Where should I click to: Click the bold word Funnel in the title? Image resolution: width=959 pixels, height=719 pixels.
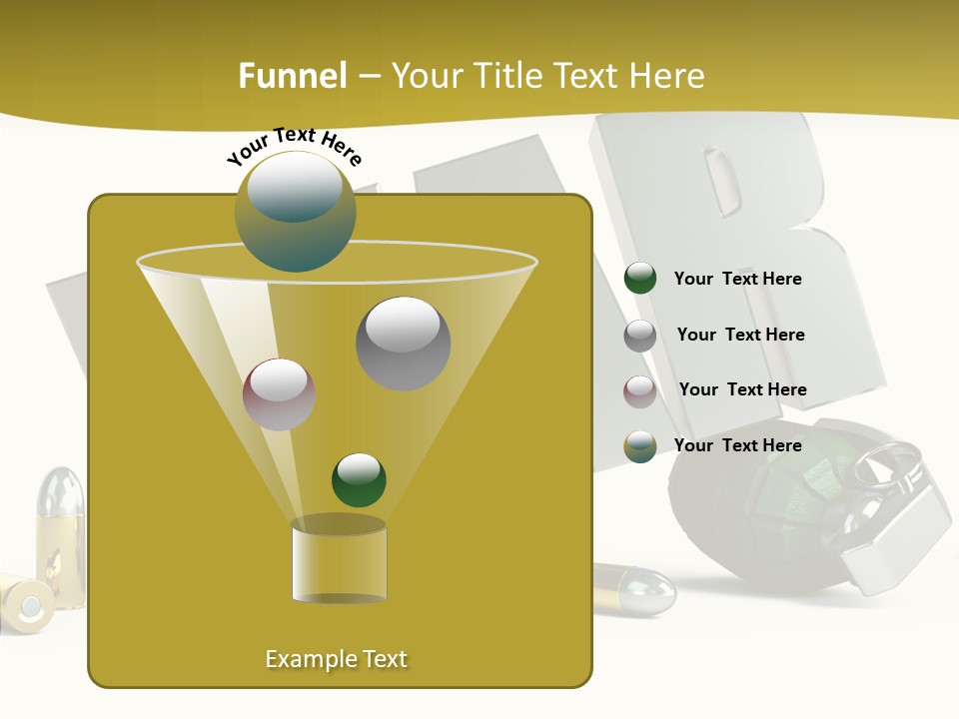293,75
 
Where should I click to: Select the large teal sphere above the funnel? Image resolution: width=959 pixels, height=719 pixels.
296,211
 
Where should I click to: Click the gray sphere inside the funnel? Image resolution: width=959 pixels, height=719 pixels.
403,343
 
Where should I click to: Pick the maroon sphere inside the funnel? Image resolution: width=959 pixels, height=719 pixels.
279,394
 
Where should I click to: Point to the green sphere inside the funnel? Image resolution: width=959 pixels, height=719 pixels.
359,479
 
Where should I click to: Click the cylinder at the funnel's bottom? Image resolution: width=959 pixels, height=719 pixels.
339,561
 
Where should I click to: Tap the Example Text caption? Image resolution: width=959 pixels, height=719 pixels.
337,659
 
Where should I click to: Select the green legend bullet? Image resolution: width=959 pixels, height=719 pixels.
640,278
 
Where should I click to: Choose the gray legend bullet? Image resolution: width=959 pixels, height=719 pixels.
640,336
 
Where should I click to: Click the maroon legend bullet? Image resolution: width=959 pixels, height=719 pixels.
640,391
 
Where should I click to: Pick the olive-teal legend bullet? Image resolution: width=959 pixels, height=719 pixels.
640,446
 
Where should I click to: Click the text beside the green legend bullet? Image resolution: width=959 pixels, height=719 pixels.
737,279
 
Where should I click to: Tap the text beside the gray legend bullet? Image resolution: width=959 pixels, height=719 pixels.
740,335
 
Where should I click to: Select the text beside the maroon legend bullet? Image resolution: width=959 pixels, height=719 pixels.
742,389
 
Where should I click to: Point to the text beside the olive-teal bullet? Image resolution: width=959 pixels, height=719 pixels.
737,445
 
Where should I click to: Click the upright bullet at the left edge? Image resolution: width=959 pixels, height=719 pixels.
60,534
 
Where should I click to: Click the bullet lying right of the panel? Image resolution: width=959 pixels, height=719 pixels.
635,588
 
